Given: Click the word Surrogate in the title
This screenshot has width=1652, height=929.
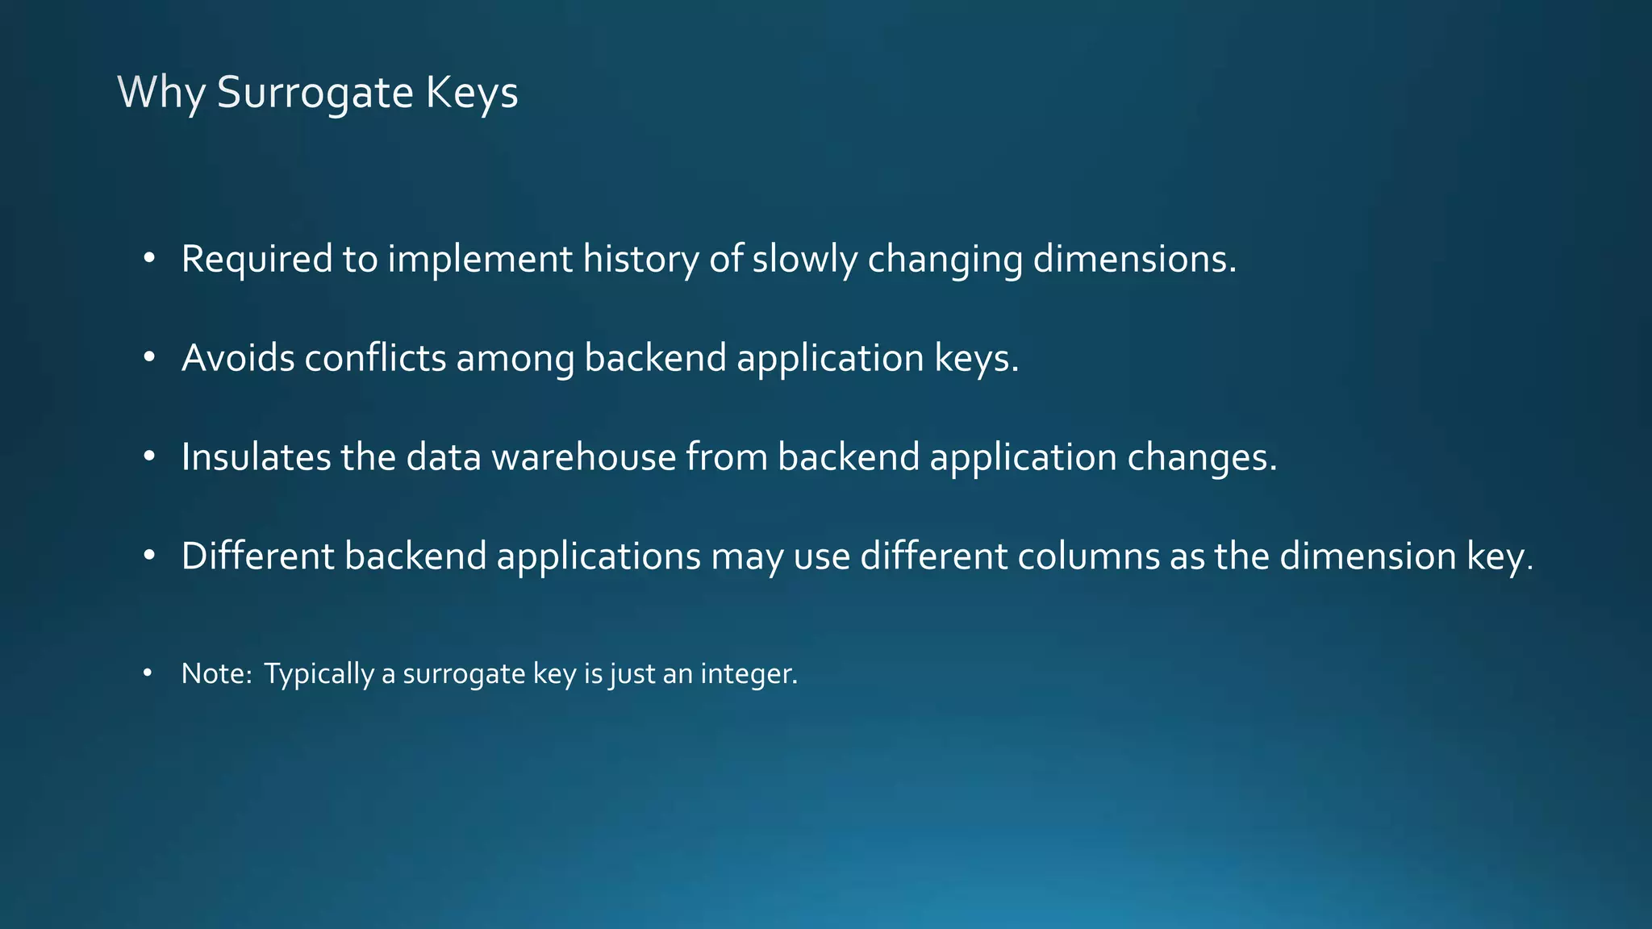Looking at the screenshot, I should point(315,93).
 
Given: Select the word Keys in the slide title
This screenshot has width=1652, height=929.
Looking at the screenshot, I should point(471,93).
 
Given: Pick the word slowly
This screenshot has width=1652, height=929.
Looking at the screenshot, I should point(804,260).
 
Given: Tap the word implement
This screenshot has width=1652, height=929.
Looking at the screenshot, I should point(480,260).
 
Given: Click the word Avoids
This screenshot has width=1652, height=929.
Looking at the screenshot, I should point(238,358).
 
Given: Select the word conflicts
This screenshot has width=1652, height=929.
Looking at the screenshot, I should point(375,358).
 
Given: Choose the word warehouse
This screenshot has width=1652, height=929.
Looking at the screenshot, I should point(584,457).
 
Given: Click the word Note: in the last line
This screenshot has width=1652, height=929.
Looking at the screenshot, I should point(217,673).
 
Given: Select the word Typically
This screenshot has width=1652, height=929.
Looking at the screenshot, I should point(319,674).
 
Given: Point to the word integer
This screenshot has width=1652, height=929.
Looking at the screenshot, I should point(749,674).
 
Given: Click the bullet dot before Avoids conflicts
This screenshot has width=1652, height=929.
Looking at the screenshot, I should point(148,357).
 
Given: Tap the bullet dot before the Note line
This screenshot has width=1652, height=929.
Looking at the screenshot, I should point(147,673).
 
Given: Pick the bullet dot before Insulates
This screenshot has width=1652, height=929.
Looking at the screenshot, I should point(148,456).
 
